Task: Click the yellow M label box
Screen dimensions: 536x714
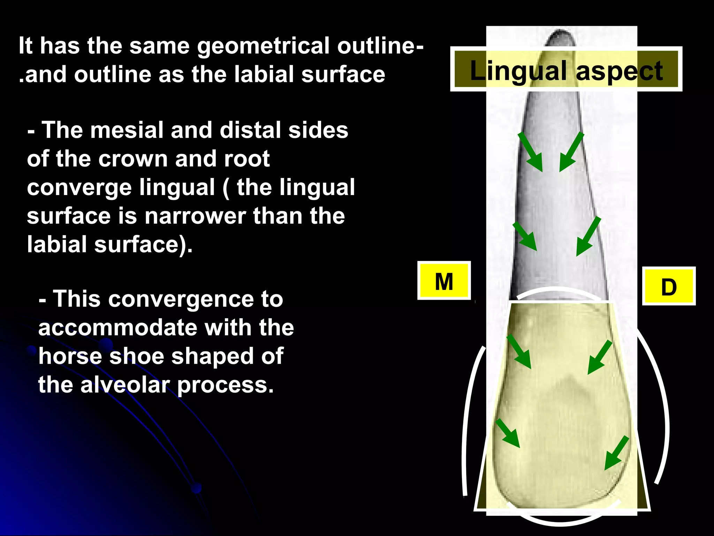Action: coord(444,281)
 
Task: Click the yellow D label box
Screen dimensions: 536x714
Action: coord(669,286)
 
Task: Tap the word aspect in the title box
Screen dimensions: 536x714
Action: coord(619,71)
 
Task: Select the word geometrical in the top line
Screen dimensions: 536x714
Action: coord(263,46)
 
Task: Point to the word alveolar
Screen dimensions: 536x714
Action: coord(125,385)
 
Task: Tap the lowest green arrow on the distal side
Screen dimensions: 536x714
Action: coord(616,453)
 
